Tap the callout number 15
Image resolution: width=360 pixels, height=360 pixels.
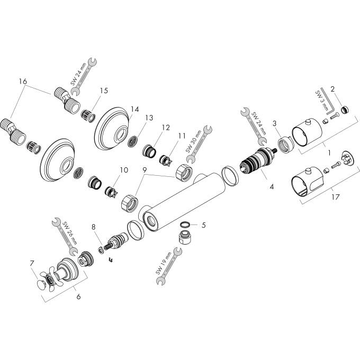103,91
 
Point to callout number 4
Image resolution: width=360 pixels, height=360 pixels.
272,186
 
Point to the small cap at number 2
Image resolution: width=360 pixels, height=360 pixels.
344,110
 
